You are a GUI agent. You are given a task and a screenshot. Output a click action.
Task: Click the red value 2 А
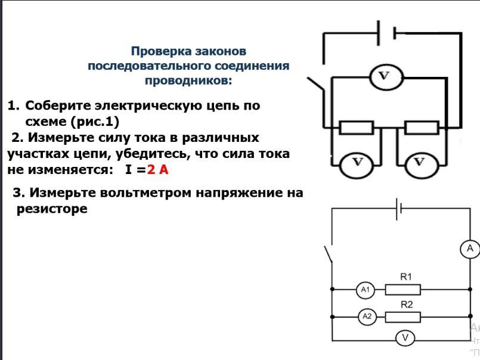157,169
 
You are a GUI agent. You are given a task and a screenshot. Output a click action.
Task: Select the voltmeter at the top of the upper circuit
385,77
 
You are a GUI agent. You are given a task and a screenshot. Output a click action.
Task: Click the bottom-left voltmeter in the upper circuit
357,165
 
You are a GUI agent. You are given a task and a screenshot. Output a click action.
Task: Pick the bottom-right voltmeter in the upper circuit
421,165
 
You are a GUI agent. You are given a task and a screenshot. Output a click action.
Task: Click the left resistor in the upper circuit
357,128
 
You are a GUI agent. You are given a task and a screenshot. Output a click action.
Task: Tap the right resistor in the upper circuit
422,128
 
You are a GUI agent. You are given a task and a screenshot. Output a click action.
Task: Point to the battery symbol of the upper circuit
387,33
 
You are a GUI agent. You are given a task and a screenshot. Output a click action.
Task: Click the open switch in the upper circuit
316,85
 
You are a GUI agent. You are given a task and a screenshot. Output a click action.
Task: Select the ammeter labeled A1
366,289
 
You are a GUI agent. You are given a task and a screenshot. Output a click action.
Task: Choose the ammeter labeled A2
367,316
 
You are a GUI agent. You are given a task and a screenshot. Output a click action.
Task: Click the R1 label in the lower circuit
406,277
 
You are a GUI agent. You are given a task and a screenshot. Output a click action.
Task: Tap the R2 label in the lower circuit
407,305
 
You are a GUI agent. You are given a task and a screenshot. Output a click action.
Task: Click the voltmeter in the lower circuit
405,338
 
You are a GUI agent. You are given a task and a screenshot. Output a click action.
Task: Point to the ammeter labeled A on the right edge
470,249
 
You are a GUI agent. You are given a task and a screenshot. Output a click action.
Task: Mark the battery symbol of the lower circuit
398,209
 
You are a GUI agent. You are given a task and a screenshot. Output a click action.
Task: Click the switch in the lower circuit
329,254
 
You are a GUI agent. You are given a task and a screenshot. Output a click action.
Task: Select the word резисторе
52,209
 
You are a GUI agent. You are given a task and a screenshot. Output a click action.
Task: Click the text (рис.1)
95,122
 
